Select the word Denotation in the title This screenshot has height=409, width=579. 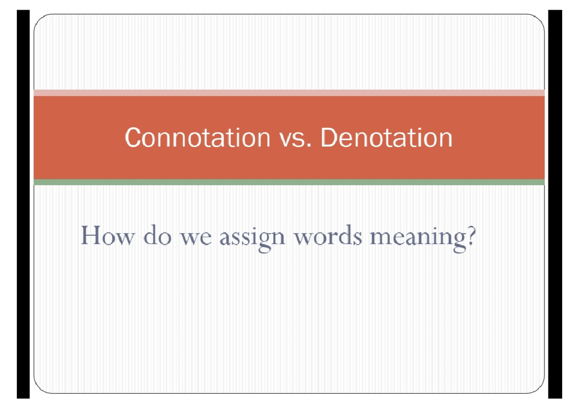click(386, 138)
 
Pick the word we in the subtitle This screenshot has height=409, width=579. click(196, 237)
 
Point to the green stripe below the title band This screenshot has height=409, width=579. click(289, 182)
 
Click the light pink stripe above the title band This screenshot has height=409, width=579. click(289, 93)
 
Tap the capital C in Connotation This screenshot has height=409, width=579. click(133, 138)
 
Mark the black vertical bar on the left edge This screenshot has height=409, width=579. click(23, 204)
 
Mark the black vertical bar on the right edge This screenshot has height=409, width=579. click(555, 204)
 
